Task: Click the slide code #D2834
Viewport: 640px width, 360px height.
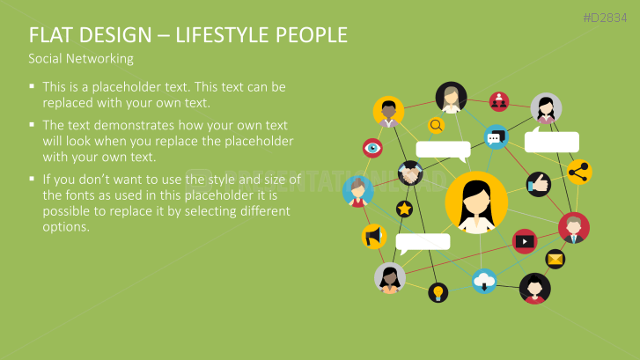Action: (x=605, y=18)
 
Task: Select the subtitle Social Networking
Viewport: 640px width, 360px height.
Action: (x=81, y=59)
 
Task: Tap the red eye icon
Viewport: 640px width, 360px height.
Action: (x=372, y=148)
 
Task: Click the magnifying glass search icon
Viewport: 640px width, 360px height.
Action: (x=436, y=125)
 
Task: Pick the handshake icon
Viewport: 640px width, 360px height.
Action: (x=410, y=173)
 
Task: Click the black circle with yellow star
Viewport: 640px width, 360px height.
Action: (x=404, y=209)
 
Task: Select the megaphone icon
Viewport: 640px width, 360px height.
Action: (x=374, y=236)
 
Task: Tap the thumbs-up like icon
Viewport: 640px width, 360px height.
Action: (x=539, y=185)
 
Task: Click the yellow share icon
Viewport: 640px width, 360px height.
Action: (x=579, y=172)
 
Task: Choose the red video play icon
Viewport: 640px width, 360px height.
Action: (x=525, y=242)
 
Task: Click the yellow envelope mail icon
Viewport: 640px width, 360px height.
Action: (x=555, y=259)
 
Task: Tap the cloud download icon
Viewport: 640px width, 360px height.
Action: (x=484, y=282)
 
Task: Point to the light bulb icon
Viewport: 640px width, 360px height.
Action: (x=438, y=292)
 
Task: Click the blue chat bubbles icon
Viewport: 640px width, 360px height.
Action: (x=496, y=137)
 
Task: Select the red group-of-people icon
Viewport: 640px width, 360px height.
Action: (x=499, y=101)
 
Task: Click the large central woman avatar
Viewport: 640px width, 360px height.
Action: (x=476, y=202)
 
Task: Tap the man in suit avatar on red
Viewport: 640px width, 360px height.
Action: (x=573, y=228)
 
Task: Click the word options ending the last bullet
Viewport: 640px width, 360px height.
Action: (x=66, y=227)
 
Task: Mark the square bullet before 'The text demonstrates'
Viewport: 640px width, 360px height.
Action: (x=32, y=124)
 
